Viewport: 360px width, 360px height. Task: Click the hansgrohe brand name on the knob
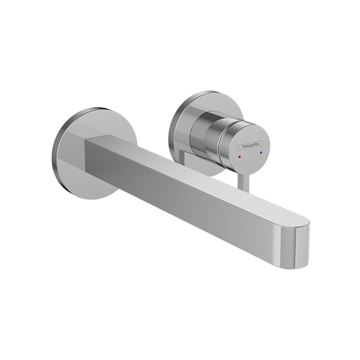pyautogui.click(x=251, y=145)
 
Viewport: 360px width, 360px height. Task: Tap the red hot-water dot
pyautogui.click(x=239, y=157)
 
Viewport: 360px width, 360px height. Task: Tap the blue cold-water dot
pyautogui.click(x=260, y=152)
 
